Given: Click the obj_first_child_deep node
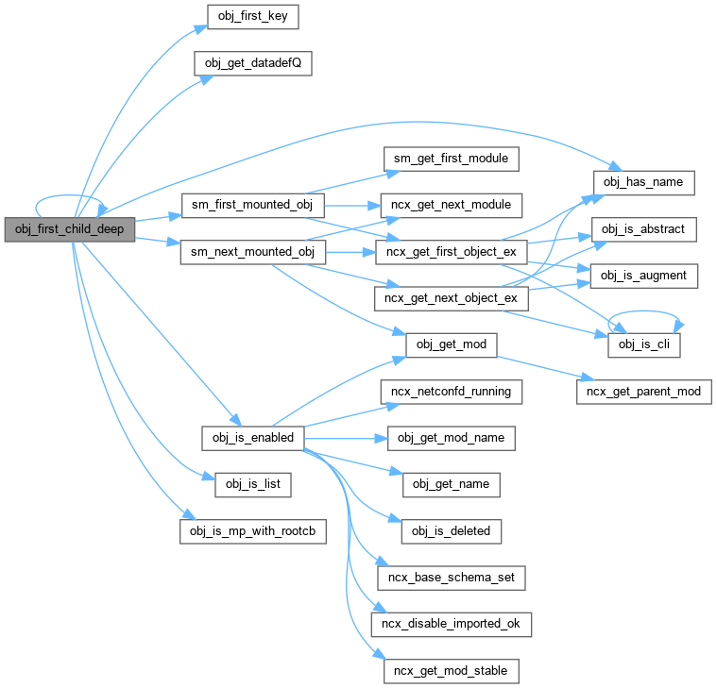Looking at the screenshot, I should pos(70,229).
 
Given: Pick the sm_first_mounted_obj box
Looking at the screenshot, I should pos(252,205).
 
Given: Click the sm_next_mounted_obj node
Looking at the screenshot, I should pos(252,252).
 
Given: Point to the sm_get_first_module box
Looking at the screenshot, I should pos(451,159).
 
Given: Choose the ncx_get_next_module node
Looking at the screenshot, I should pos(451,205).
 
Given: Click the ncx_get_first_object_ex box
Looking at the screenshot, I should pos(451,252).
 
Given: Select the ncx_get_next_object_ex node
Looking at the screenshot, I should pos(451,298).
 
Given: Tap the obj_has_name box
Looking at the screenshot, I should pos(644,181).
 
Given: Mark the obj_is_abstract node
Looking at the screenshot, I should pos(644,228).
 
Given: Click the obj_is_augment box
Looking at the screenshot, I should pos(644,276).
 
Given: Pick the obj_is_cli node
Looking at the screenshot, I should pos(644,345).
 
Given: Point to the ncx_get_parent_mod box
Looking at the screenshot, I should pos(644,392).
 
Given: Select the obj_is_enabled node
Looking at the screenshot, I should pos(252,438).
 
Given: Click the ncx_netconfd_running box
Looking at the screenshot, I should pos(451,391).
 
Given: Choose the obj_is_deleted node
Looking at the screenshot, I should pos(451,531).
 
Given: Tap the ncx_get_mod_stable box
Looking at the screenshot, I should pos(451,671).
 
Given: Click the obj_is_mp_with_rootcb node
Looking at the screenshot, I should pos(252,531).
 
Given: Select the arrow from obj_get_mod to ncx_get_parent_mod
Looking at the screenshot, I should pos(538,369).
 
